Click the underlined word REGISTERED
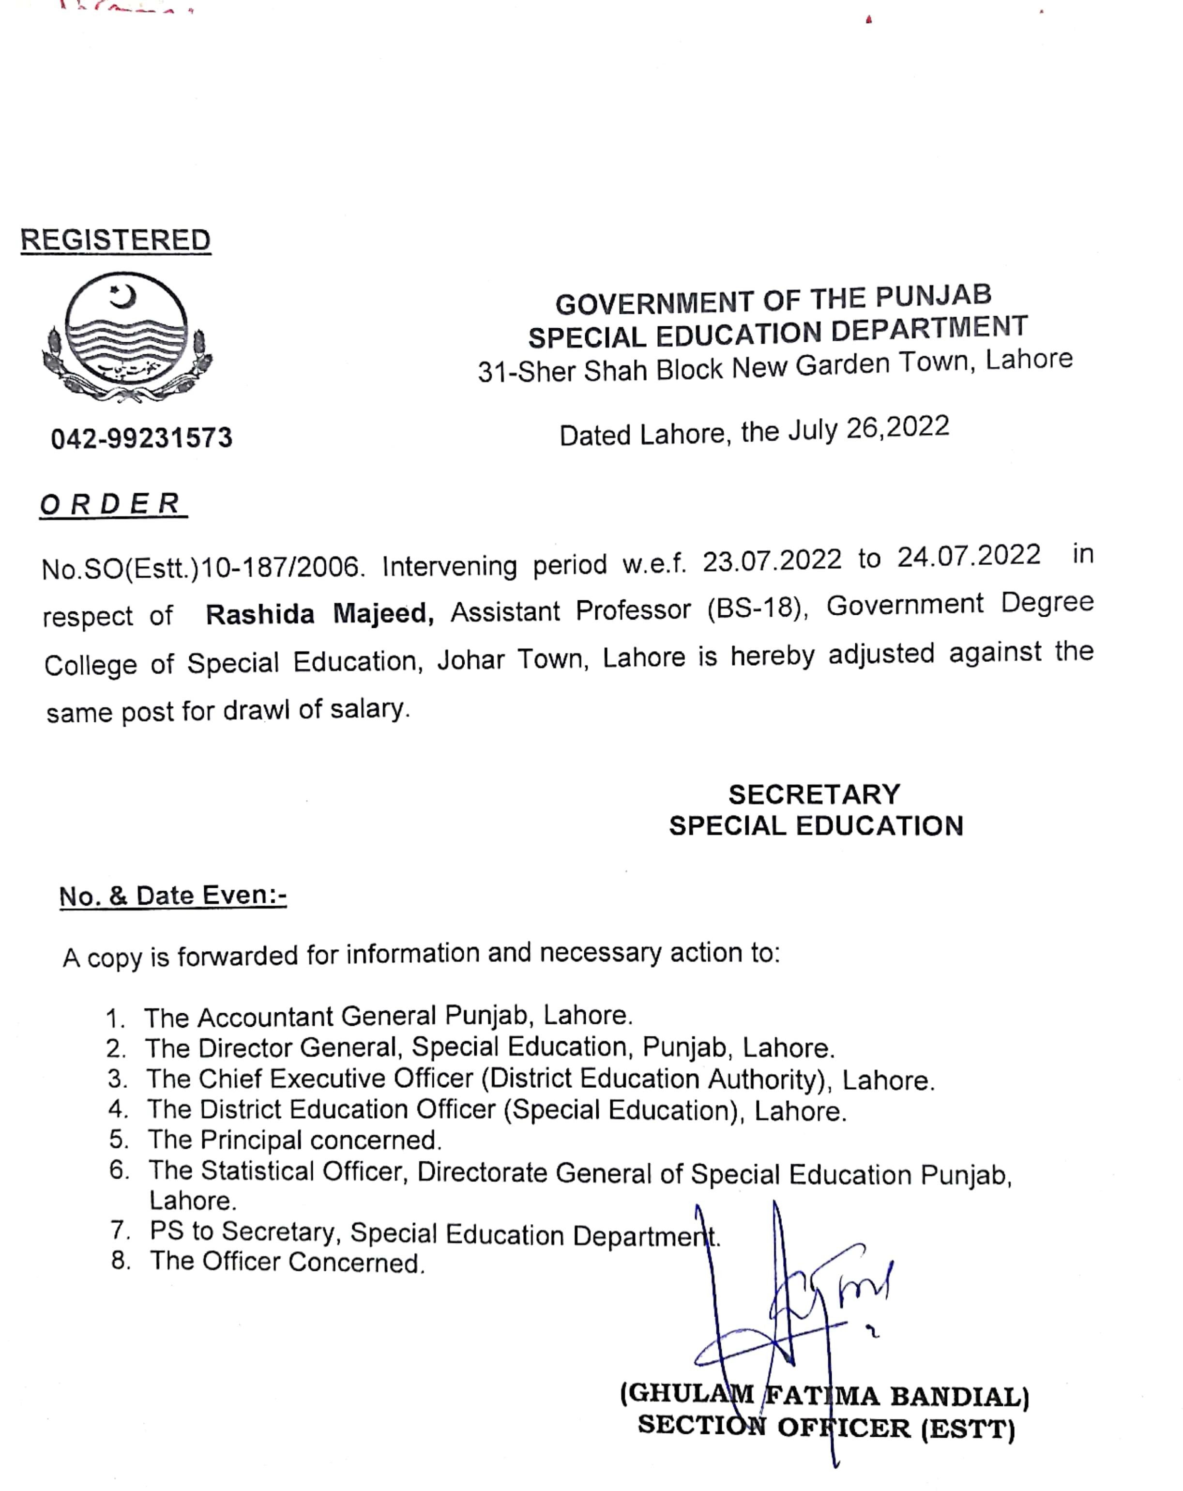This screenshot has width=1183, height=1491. click(x=116, y=240)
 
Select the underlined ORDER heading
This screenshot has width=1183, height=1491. click(x=112, y=503)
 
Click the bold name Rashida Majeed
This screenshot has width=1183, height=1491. click(x=319, y=613)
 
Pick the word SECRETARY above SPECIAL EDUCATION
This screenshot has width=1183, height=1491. click(x=814, y=794)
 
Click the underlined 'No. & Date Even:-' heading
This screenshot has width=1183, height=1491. click(x=173, y=896)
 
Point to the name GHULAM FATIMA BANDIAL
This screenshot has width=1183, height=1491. click(x=824, y=1395)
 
